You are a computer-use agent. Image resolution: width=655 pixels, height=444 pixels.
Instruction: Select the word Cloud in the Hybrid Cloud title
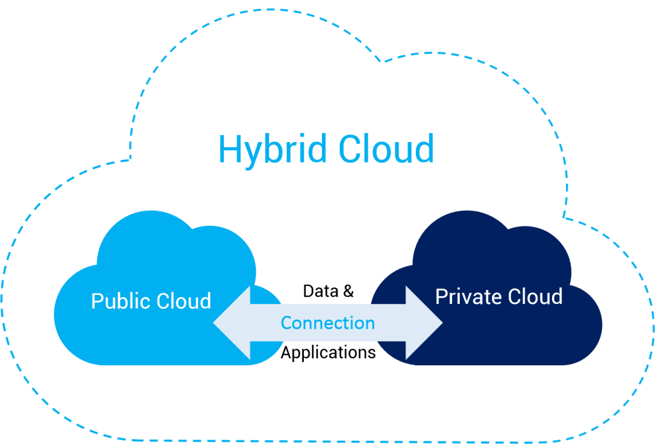tap(386, 148)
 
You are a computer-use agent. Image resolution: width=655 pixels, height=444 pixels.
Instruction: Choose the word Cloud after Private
tap(535, 297)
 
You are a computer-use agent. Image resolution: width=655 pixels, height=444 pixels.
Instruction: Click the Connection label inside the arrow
tap(327, 323)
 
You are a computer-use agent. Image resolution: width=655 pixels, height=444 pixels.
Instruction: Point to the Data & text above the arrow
tap(327, 291)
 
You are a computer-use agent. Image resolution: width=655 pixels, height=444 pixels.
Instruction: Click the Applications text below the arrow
tap(327, 353)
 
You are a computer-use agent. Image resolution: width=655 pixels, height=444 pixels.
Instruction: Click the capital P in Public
tap(97, 301)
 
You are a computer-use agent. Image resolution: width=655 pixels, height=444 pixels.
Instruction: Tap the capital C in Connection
tap(286, 323)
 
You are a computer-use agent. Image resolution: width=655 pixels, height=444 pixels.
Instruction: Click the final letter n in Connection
tap(370, 324)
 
